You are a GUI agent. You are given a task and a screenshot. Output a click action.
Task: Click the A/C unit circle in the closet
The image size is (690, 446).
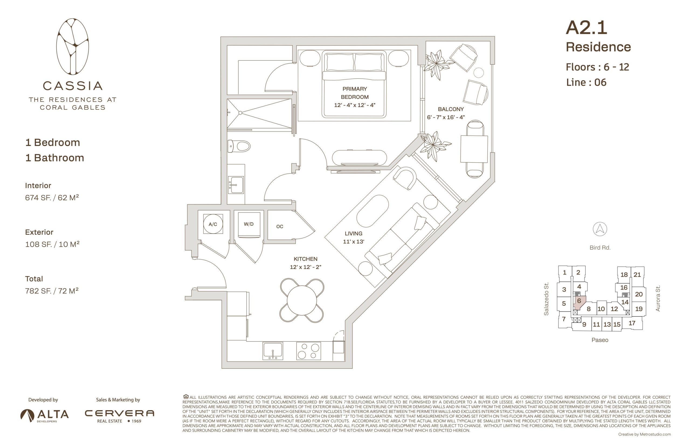click(x=213, y=224)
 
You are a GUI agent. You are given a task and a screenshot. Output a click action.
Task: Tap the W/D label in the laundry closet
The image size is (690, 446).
click(x=249, y=224)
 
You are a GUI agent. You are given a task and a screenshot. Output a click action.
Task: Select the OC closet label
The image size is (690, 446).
click(x=280, y=227)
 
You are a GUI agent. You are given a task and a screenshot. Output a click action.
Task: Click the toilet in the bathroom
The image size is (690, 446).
click(x=239, y=146)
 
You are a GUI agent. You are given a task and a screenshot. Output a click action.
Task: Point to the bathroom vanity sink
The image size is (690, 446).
click(x=236, y=185)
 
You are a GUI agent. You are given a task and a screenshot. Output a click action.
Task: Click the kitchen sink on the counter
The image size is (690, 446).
click(x=273, y=351)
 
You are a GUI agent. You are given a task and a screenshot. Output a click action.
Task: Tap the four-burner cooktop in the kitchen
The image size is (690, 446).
click(x=308, y=351)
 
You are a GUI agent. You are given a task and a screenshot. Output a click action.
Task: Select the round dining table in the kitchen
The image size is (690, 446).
click(x=302, y=300)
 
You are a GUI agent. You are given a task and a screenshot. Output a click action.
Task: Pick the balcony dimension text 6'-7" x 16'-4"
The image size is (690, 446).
click(x=446, y=117)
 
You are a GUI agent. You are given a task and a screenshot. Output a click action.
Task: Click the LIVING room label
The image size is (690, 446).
click(x=354, y=234)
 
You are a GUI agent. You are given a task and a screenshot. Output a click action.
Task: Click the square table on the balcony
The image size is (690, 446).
click(x=474, y=149)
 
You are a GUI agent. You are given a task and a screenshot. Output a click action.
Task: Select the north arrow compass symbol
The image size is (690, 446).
click(x=600, y=229)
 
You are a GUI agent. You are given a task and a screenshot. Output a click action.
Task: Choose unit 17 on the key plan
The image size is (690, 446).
click(x=632, y=323)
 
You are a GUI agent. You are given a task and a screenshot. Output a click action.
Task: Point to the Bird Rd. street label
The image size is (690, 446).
click(x=600, y=248)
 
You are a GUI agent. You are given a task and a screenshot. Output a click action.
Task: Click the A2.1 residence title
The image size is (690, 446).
click(x=586, y=28)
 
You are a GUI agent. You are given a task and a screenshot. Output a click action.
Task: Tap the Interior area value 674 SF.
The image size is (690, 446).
click(x=40, y=198)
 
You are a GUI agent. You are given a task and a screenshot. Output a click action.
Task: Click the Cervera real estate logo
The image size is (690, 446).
click(x=119, y=416)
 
